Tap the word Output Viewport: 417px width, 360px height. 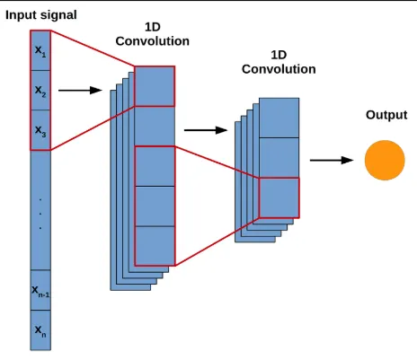click(x=386, y=115)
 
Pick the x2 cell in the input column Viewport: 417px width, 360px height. click(x=40, y=91)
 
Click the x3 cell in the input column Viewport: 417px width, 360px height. click(x=40, y=130)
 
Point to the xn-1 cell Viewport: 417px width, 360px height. click(x=40, y=290)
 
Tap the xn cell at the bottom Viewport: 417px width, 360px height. click(x=40, y=330)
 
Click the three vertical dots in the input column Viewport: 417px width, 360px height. click(x=40, y=213)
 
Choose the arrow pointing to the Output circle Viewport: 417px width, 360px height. click(x=332, y=160)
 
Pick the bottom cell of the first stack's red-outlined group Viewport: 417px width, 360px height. click(x=155, y=245)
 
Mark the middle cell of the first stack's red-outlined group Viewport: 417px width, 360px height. click(x=155, y=206)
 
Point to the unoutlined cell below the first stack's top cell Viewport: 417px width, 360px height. click(x=155, y=125)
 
